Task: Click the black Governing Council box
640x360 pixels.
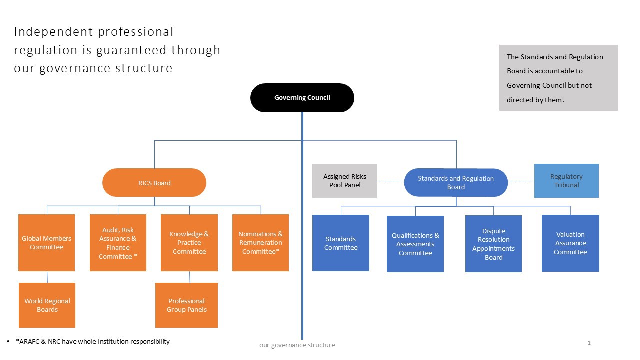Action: (x=302, y=98)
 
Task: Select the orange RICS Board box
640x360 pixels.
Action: (x=154, y=183)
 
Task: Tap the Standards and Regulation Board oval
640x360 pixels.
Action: (x=456, y=183)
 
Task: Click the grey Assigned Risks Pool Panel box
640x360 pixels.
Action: (x=344, y=181)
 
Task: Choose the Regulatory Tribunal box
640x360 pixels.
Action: (x=566, y=181)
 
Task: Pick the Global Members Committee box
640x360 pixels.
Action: (x=46, y=243)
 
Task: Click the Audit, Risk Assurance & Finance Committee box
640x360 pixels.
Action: (x=118, y=243)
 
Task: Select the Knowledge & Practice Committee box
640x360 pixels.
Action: (x=189, y=243)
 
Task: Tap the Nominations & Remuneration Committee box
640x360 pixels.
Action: (x=260, y=243)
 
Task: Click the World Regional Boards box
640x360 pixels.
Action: (x=47, y=305)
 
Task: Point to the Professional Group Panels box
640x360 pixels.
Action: (x=186, y=305)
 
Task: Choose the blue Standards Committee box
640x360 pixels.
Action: (x=341, y=243)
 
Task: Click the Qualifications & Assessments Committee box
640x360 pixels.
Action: (x=415, y=244)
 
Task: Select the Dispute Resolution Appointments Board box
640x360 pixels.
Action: (x=493, y=244)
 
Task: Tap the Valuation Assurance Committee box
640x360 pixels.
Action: (x=570, y=243)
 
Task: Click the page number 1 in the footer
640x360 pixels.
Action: (x=589, y=343)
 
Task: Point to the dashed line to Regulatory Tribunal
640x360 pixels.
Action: (x=521, y=181)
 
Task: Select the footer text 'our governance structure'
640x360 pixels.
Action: (x=297, y=345)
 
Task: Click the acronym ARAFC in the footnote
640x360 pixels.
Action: (x=28, y=342)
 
